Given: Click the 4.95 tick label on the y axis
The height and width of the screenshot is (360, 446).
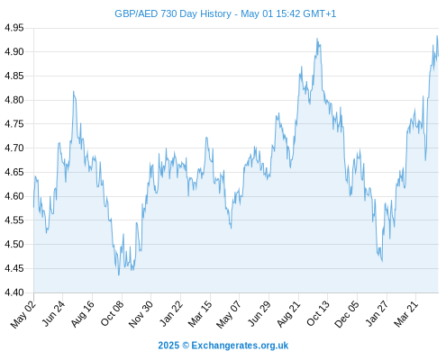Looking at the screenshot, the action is (x=14, y=28).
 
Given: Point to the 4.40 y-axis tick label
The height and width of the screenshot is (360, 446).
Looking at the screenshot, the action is (x=14, y=292).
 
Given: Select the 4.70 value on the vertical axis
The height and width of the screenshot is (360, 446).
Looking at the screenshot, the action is (x=14, y=148).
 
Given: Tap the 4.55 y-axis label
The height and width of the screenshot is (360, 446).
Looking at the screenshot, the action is (x=14, y=220).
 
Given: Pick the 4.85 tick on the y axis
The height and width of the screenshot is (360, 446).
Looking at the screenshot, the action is (x=14, y=76).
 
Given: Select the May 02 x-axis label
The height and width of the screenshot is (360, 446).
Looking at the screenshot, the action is (x=23, y=314).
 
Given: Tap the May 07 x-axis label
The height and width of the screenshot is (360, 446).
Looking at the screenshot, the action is (x=229, y=314).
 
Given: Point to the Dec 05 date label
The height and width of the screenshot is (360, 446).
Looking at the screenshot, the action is (x=347, y=314).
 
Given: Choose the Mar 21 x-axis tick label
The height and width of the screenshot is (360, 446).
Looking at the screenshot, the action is (x=406, y=314).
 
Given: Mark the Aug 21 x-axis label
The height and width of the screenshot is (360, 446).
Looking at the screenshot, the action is (x=288, y=314).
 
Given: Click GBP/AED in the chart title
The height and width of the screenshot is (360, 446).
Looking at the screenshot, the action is (x=136, y=13).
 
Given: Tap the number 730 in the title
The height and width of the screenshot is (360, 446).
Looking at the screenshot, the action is (x=168, y=13).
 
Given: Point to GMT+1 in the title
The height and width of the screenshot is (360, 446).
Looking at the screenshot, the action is (x=320, y=13).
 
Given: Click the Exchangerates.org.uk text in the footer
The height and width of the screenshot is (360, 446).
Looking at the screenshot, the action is (x=240, y=346).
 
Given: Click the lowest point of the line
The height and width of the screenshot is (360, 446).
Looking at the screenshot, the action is (x=119, y=274).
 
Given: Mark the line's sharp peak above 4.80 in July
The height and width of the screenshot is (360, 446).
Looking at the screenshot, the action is (x=74, y=91).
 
